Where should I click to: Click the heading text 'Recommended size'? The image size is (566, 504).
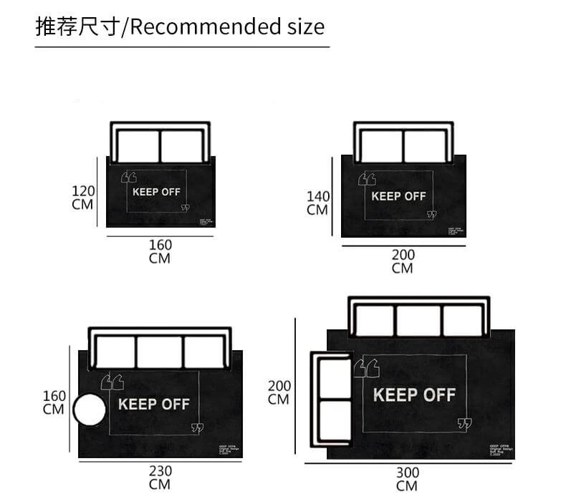coord(227,27)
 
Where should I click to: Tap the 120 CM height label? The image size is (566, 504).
coord(83,197)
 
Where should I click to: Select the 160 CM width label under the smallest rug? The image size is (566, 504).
coord(160,251)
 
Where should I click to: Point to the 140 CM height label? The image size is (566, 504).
coord(317,203)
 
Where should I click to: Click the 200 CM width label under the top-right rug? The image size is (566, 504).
coord(403,261)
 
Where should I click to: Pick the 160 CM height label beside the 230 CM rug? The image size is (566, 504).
coord(54,402)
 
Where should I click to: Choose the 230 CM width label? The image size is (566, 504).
coord(160,478)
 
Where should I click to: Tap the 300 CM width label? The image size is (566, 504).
coord(407,479)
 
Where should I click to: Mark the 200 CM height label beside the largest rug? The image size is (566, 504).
coord(279,392)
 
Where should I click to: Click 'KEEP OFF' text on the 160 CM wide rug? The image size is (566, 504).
coord(156,191)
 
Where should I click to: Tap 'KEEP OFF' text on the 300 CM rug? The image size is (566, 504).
coord(414,394)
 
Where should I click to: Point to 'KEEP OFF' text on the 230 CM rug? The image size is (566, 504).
coord(153,404)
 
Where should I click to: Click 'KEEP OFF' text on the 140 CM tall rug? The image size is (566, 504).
coord(398,195)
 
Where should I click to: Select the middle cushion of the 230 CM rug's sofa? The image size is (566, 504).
coord(160,352)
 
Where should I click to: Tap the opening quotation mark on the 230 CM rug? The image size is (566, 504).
coord(113,381)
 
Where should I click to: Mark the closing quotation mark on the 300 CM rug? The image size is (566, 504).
coord(465,425)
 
